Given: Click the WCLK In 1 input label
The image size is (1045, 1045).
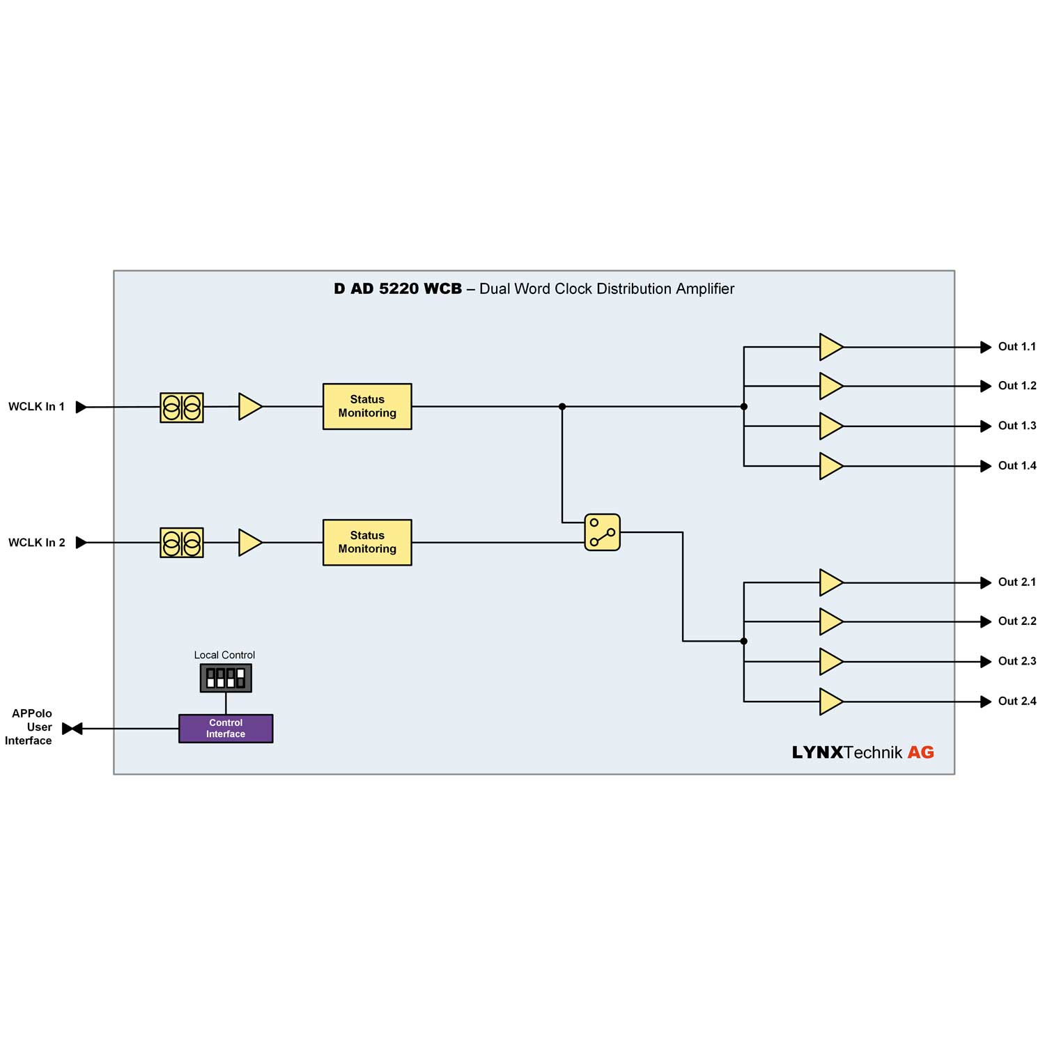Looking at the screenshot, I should [x=36, y=407].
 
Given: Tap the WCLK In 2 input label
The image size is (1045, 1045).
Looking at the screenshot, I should [x=36, y=543].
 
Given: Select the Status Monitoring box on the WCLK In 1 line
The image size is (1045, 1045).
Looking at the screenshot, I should [x=367, y=406].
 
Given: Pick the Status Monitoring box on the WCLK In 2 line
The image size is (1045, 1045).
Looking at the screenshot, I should [x=367, y=542].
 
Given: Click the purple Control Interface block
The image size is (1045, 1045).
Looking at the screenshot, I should [x=226, y=729].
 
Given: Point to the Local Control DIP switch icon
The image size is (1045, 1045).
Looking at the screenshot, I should [x=226, y=678].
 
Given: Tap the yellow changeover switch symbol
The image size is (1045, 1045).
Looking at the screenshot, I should [x=602, y=532].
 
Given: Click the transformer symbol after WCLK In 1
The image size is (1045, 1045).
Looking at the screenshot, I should [x=182, y=408].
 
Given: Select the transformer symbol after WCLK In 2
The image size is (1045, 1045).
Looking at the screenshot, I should [x=182, y=543].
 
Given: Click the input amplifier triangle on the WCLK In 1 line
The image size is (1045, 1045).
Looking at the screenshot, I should [x=249, y=407].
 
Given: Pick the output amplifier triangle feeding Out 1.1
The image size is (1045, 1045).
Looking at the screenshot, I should [x=830, y=347].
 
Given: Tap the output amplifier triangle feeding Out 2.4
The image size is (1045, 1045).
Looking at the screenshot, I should [x=830, y=702].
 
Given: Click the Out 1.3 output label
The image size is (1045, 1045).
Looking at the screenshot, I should [x=1016, y=426].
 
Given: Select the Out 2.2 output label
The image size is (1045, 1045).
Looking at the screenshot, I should [x=1016, y=621].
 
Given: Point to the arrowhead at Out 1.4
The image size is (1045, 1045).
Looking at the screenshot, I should [x=986, y=466].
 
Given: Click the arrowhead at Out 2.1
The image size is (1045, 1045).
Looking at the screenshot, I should [x=986, y=582].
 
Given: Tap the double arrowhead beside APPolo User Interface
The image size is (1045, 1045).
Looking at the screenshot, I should [x=72, y=729].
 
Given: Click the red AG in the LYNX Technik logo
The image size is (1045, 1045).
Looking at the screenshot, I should [x=920, y=752].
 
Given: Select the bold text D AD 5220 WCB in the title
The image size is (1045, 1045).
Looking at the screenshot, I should [x=397, y=289].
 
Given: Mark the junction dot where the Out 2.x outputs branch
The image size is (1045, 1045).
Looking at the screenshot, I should [x=744, y=641].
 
